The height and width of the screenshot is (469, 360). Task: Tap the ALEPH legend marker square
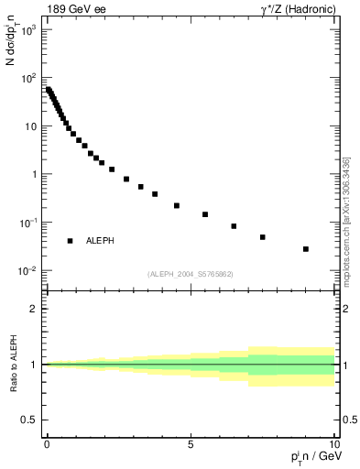click(x=70, y=241)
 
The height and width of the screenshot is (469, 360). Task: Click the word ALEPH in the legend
click(x=100, y=241)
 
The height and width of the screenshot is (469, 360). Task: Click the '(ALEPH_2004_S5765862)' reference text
click(x=191, y=274)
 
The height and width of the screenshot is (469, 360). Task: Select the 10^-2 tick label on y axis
click(x=27, y=271)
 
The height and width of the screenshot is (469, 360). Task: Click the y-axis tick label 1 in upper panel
click(x=33, y=175)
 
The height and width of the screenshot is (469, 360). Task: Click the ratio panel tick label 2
click(x=34, y=309)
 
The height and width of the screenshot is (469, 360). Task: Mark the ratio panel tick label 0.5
click(x=29, y=420)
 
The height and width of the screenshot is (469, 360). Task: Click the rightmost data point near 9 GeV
click(x=306, y=249)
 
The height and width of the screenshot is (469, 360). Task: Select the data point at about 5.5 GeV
click(x=205, y=214)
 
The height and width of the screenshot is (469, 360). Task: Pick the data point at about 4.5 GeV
click(x=177, y=205)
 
